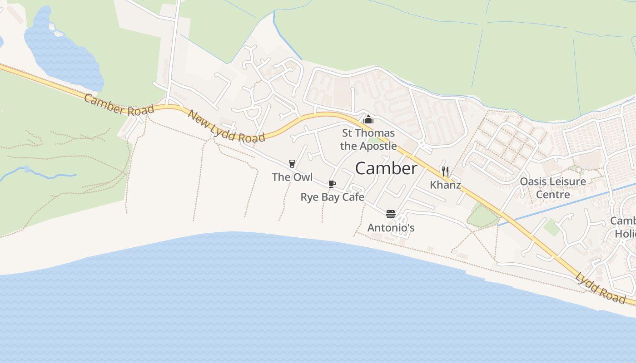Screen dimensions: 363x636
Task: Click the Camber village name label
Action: (386, 169)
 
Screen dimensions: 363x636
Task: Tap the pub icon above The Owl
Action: (292, 164)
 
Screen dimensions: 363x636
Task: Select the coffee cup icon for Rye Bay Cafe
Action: (332, 184)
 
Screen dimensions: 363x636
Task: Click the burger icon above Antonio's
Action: (391, 214)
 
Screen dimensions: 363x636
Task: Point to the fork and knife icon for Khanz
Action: (445, 172)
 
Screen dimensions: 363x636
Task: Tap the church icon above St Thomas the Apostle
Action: (368, 120)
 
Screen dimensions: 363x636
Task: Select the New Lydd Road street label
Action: (226, 126)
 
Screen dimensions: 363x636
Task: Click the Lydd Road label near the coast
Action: (600, 288)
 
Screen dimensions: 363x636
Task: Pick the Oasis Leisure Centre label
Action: (553, 188)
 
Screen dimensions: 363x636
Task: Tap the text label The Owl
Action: (292, 177)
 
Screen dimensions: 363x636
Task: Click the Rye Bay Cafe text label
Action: (333, 197)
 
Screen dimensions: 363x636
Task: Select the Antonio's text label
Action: (391, 227)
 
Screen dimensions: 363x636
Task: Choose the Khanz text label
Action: (445, 185)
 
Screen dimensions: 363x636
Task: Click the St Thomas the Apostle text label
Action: (368, 140)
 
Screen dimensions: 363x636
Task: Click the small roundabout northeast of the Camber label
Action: (422, 144)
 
